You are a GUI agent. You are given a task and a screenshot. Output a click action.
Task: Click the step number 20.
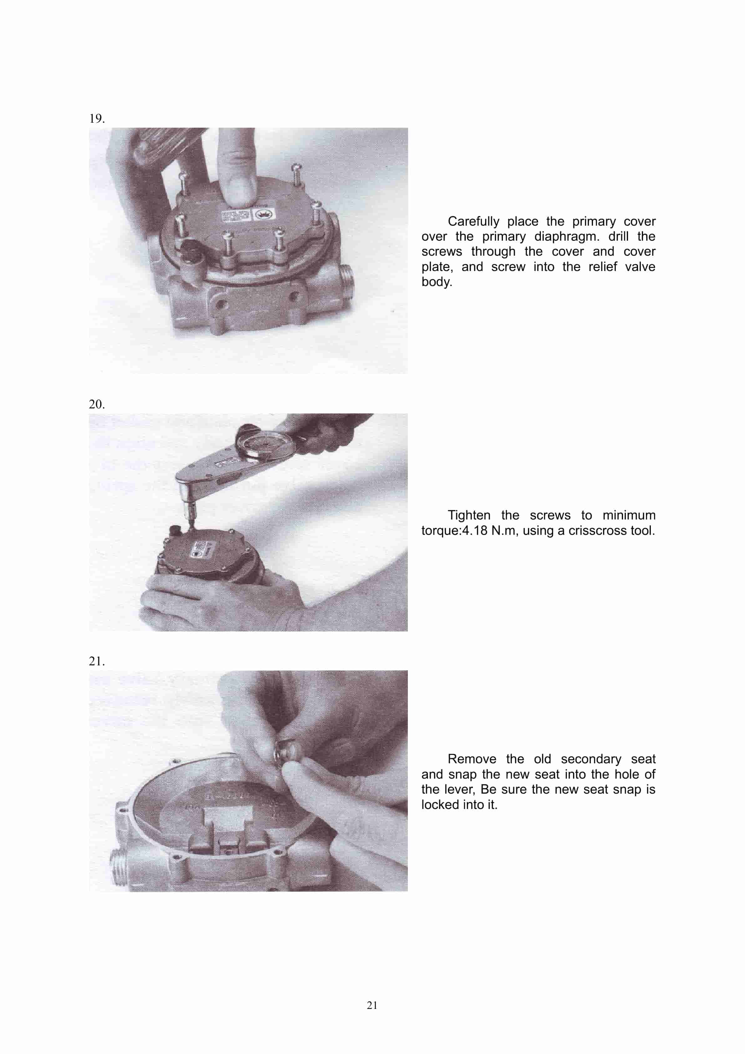[96, 404]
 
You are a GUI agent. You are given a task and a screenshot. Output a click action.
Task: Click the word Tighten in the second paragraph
[469, 515]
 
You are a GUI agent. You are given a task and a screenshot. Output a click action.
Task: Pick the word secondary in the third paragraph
[590, 759]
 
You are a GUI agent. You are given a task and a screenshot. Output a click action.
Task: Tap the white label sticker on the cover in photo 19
[248, 215]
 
